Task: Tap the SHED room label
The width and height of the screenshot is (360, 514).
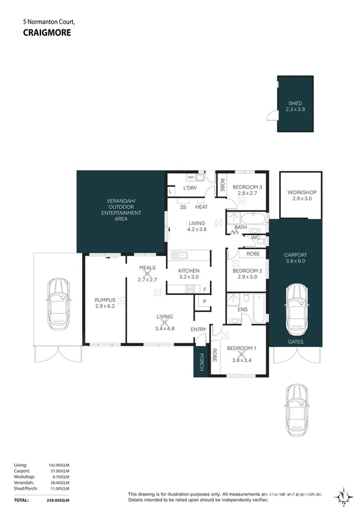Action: [x=296, y=103]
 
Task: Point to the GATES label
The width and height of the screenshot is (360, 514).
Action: [x=295, y=341]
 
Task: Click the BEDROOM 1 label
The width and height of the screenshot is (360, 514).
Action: [x=241, y=349]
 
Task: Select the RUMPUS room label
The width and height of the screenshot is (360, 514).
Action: [x=105, y=299]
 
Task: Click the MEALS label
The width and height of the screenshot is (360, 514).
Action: [x=148, y=268]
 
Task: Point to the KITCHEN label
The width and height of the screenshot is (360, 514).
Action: [x=189, y=270]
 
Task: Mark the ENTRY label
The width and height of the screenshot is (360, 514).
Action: [x=198, y=330]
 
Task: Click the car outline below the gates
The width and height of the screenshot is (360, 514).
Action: [x=298, y=404]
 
